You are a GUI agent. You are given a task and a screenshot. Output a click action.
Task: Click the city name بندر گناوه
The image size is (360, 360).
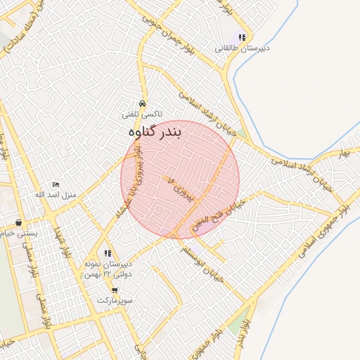155,131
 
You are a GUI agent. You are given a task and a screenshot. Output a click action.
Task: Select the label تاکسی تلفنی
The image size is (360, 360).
142,113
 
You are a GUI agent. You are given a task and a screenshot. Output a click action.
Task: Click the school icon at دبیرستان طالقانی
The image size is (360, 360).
242,37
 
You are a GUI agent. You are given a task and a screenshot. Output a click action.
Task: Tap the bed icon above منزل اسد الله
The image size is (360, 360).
56,184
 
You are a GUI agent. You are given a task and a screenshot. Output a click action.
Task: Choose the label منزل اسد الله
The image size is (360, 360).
60,194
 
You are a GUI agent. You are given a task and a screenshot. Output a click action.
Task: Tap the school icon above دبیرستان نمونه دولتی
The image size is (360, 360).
108,253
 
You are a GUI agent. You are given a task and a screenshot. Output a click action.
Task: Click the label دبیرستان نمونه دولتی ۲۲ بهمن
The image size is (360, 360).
108,268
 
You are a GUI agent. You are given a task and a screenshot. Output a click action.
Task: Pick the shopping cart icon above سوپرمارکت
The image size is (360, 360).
114,290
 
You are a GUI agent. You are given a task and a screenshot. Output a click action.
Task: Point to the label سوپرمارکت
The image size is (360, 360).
114,300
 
